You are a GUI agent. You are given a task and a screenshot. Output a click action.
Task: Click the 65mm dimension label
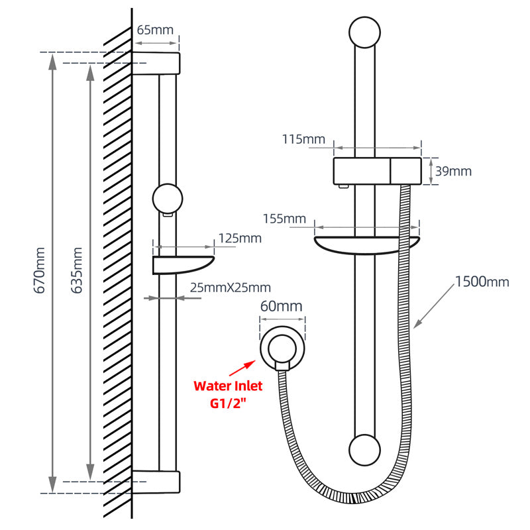point(154,30)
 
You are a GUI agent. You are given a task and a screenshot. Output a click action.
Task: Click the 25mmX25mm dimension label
point(230,288)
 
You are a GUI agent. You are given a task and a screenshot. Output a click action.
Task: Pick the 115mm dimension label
point(303,139)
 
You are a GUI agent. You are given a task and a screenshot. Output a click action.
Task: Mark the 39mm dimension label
point(452,171)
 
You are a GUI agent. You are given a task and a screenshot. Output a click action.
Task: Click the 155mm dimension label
point(284,219)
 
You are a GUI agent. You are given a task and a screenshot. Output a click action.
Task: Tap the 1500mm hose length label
point(482,282)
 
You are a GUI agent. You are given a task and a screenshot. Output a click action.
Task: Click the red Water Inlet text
point(228,386)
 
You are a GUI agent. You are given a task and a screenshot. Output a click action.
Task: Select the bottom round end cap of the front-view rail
point(366,451)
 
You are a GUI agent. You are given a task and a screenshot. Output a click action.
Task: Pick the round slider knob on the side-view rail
point(167,198)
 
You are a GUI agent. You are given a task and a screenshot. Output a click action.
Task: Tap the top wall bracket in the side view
point(156,62)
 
